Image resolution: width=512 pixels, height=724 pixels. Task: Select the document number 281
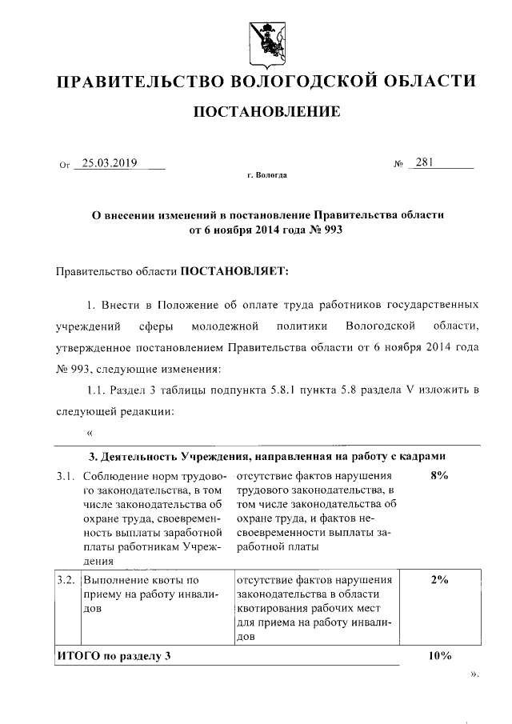pos(424,163)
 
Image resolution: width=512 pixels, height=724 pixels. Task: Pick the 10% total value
pos(439,656)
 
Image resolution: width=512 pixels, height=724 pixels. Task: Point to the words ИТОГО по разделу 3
pos(114,656)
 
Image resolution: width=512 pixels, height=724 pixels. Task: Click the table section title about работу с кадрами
pos(265,456)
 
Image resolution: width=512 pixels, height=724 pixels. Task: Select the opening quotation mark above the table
pos(89,434)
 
